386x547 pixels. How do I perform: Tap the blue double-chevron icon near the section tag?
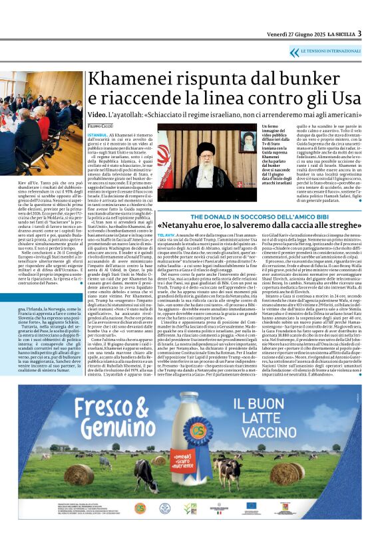(295, 52)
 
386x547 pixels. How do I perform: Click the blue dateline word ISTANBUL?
(97, 134)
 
